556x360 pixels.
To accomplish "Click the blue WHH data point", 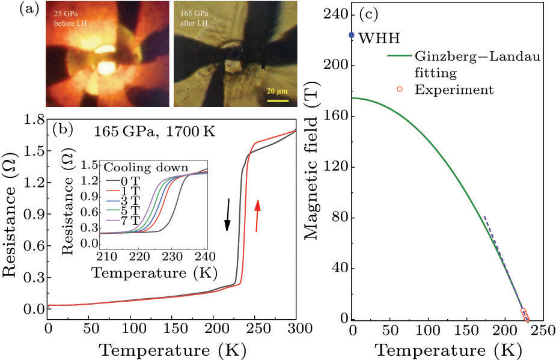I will (x=352, y=35).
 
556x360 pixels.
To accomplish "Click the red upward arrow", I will (x=258, y=216).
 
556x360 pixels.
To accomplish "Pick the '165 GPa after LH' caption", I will (x=195, y=19).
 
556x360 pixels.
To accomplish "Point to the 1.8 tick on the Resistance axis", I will (x=33, y=119).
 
